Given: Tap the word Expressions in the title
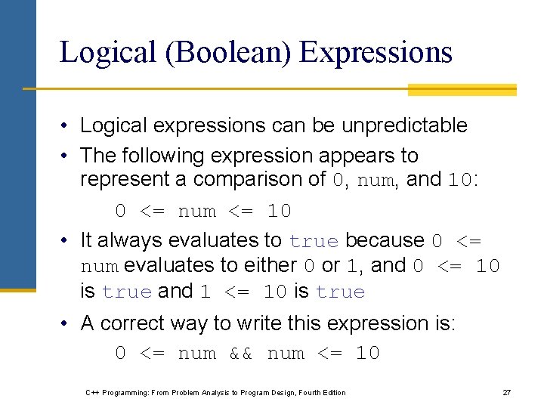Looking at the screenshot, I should click(376, 53).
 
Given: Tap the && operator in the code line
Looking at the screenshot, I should click(242, 354).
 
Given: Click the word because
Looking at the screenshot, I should click(385, 240).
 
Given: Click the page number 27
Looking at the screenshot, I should click(507, 392).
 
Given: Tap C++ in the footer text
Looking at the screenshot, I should click(92, 392).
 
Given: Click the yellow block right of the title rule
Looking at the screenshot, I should click(462, 89).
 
